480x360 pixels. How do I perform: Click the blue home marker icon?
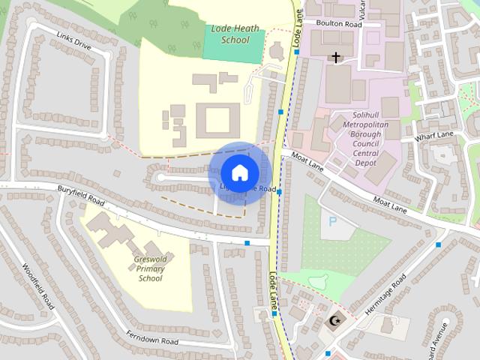point(239,172)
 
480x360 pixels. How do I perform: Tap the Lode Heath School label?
point(235,34)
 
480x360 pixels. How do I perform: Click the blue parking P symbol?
point(329,223)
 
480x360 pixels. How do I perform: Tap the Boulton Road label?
point(339,24)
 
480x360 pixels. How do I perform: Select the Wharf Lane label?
point(437,135)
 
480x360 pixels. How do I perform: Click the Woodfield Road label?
point(38,286)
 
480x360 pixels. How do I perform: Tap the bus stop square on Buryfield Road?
point(247,242)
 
